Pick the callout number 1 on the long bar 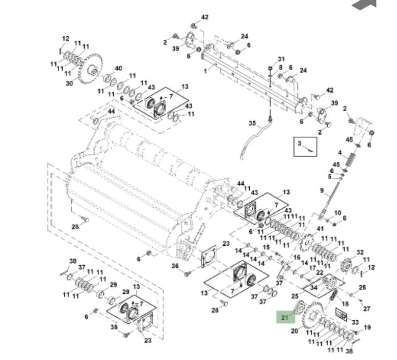pos(205,71)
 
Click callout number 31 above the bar pos(281,59)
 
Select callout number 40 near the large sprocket pos(118,68)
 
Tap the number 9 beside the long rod pos(322,191)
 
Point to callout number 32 pos(360,252)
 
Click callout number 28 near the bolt pos(215,310)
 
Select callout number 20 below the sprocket pos(294,331)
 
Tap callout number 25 pos(295,296)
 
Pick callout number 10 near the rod pos(337,212)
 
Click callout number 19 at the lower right pos(367,327)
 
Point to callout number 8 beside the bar pos(281,67)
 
